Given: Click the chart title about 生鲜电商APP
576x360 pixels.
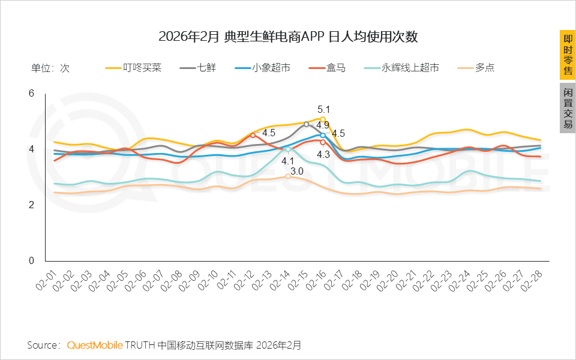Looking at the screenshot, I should click(x=288, y=37).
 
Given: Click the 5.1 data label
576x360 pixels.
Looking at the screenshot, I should click(x=324, y=109).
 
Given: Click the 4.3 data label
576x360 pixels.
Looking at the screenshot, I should click(x=323, y=154).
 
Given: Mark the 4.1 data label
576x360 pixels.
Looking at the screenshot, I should click(x=288, y=161).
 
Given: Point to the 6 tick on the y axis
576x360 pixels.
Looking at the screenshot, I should click(x=32, y=93).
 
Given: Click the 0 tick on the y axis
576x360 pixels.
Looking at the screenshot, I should click(x=32, y=261).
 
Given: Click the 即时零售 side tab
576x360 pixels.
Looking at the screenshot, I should click(x=568, y=55).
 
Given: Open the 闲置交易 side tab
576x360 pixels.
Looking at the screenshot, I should click(x=568, y=109).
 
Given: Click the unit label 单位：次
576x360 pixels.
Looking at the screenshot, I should click(x=50, y=68).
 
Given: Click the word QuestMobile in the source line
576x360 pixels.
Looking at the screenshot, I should click(x=95, y=345).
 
